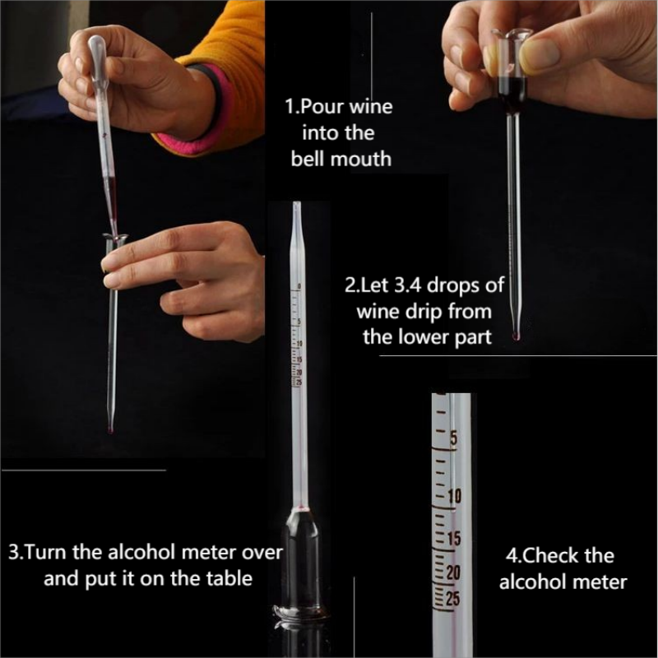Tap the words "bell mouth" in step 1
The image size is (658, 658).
coord(341,159)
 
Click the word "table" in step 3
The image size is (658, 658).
coord(229,578)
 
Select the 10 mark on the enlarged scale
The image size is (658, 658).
coord(454,496)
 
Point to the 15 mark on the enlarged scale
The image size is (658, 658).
coord(454,539)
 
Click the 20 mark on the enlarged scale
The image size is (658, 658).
coord(453,572)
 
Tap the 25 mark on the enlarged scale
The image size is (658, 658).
coord(453,599)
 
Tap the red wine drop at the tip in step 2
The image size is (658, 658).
coord(517,336)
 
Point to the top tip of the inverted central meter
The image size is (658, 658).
coord(296,203)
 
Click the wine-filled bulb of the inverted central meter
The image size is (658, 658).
coord(301,558)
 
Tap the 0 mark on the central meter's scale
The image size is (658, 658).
coord(299,286)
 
